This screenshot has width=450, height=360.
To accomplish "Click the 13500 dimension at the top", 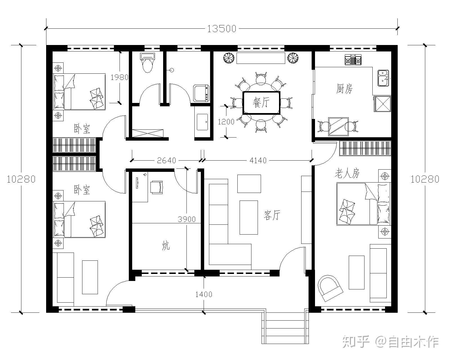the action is pos(222,29).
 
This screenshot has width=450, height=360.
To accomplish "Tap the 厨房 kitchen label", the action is pos(345,89).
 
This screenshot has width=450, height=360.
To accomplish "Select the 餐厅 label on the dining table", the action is pos(261,102).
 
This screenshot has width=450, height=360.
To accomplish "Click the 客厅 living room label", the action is pos(272,215).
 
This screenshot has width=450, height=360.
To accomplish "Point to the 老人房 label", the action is pos(347,173).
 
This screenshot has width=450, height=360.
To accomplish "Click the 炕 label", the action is pos(166,245).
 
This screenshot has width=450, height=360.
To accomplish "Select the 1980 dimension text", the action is pos(120,77).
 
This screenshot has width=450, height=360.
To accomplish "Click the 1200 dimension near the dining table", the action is pos(226,122).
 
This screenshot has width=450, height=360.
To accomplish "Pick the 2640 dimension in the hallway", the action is pos(166,160).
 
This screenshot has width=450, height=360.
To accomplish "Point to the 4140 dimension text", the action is pos(258,160).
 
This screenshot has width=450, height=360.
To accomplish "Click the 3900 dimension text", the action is pos(186,219).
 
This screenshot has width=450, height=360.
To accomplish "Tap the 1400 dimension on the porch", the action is pos(204,294).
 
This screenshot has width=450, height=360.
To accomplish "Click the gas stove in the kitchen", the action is pos(353,59).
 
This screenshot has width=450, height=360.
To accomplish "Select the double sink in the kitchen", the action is pos(383,78).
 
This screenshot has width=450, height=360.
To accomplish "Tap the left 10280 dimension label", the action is pos(21,179).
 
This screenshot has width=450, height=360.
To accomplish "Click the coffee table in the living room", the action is pos(249,218).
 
